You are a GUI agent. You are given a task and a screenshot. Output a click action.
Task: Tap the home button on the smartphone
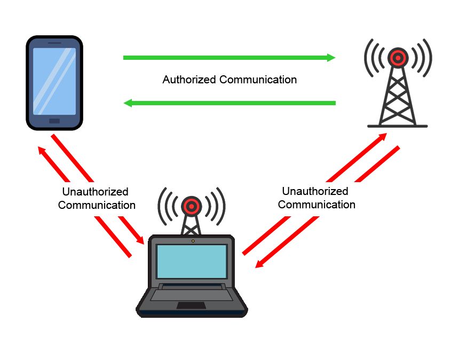tap(54, 121)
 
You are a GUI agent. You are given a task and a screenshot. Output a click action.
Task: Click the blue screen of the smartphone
tap(54, 81)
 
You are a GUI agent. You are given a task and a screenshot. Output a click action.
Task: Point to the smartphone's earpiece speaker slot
tap(54, 42)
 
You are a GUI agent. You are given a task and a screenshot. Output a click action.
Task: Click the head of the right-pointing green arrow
tap(331, 58)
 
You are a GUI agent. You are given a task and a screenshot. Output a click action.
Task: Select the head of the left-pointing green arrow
tap(128, 103)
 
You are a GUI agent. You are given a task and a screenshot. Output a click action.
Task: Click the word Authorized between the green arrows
tap(189, 80)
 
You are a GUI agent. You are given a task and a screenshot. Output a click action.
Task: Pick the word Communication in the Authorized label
tap(258, 80)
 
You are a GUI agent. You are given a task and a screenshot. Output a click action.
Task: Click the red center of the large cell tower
tap(397, 57)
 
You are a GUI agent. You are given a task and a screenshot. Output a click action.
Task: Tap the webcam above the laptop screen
tap(192, 241)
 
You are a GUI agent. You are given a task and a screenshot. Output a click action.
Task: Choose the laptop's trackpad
tap(192, 306)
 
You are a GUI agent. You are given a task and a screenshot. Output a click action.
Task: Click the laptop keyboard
tap(192, 293)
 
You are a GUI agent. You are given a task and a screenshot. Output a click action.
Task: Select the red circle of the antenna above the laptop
tap(191, 205)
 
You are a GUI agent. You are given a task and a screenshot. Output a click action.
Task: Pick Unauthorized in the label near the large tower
tap(315, 192)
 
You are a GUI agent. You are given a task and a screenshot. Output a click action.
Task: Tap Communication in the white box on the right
tap(316, 205)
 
